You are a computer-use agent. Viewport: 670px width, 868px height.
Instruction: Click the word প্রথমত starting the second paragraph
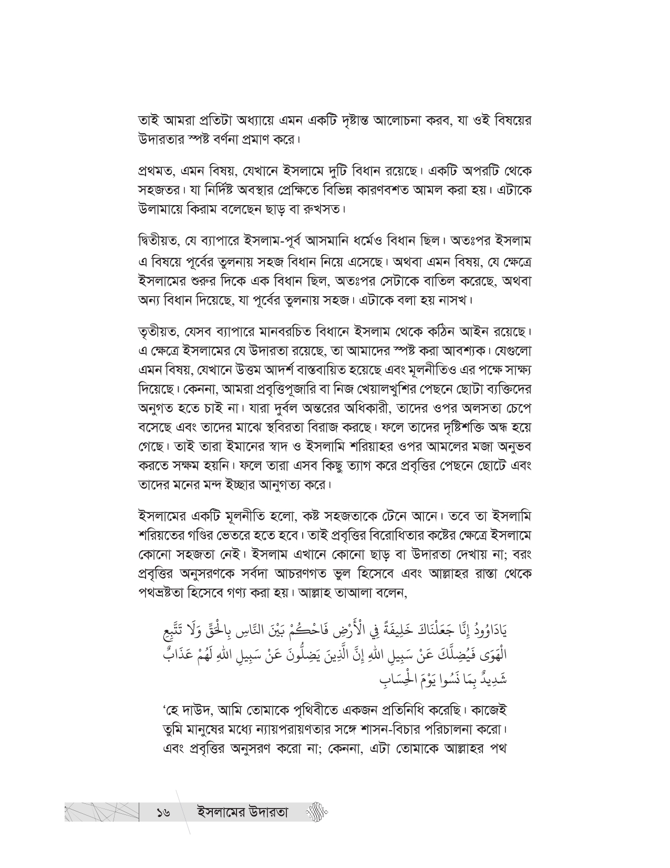tap(156, 173)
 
